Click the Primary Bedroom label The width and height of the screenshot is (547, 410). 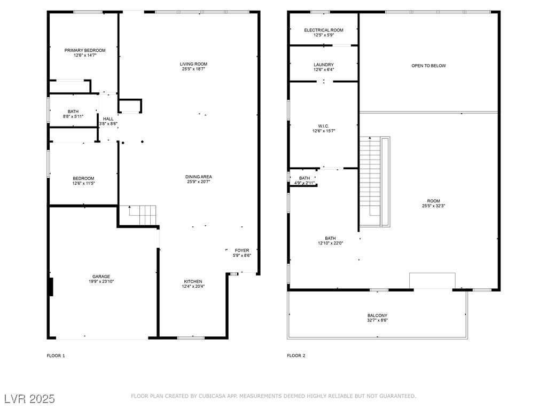(x=85, y=50)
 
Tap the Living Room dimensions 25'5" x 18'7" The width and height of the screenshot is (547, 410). (x=193, y=69)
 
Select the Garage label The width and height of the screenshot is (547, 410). (x=101, y=277)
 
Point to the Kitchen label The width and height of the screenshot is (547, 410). (x=193, y=281)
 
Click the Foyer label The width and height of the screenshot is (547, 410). (x=242, y=250)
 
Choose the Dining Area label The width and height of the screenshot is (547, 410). (x=199, y=177)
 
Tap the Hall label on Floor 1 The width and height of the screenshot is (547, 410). (x=108, y=119)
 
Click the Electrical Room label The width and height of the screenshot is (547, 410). (x=324, y=30)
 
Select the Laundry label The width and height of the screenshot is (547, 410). (x=324, y=65)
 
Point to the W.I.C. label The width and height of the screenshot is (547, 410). (x=324, y=126)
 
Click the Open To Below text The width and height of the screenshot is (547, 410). (x=428, y=66)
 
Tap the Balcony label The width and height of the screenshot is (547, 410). (x=377, y=316)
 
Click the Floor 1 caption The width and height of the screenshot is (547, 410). (x=56, y=356)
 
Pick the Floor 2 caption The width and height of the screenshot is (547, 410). (x=296, y=356)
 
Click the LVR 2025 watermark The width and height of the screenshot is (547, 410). (x=29, y=399)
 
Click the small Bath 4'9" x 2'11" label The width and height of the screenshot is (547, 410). (x=304, y=178)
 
